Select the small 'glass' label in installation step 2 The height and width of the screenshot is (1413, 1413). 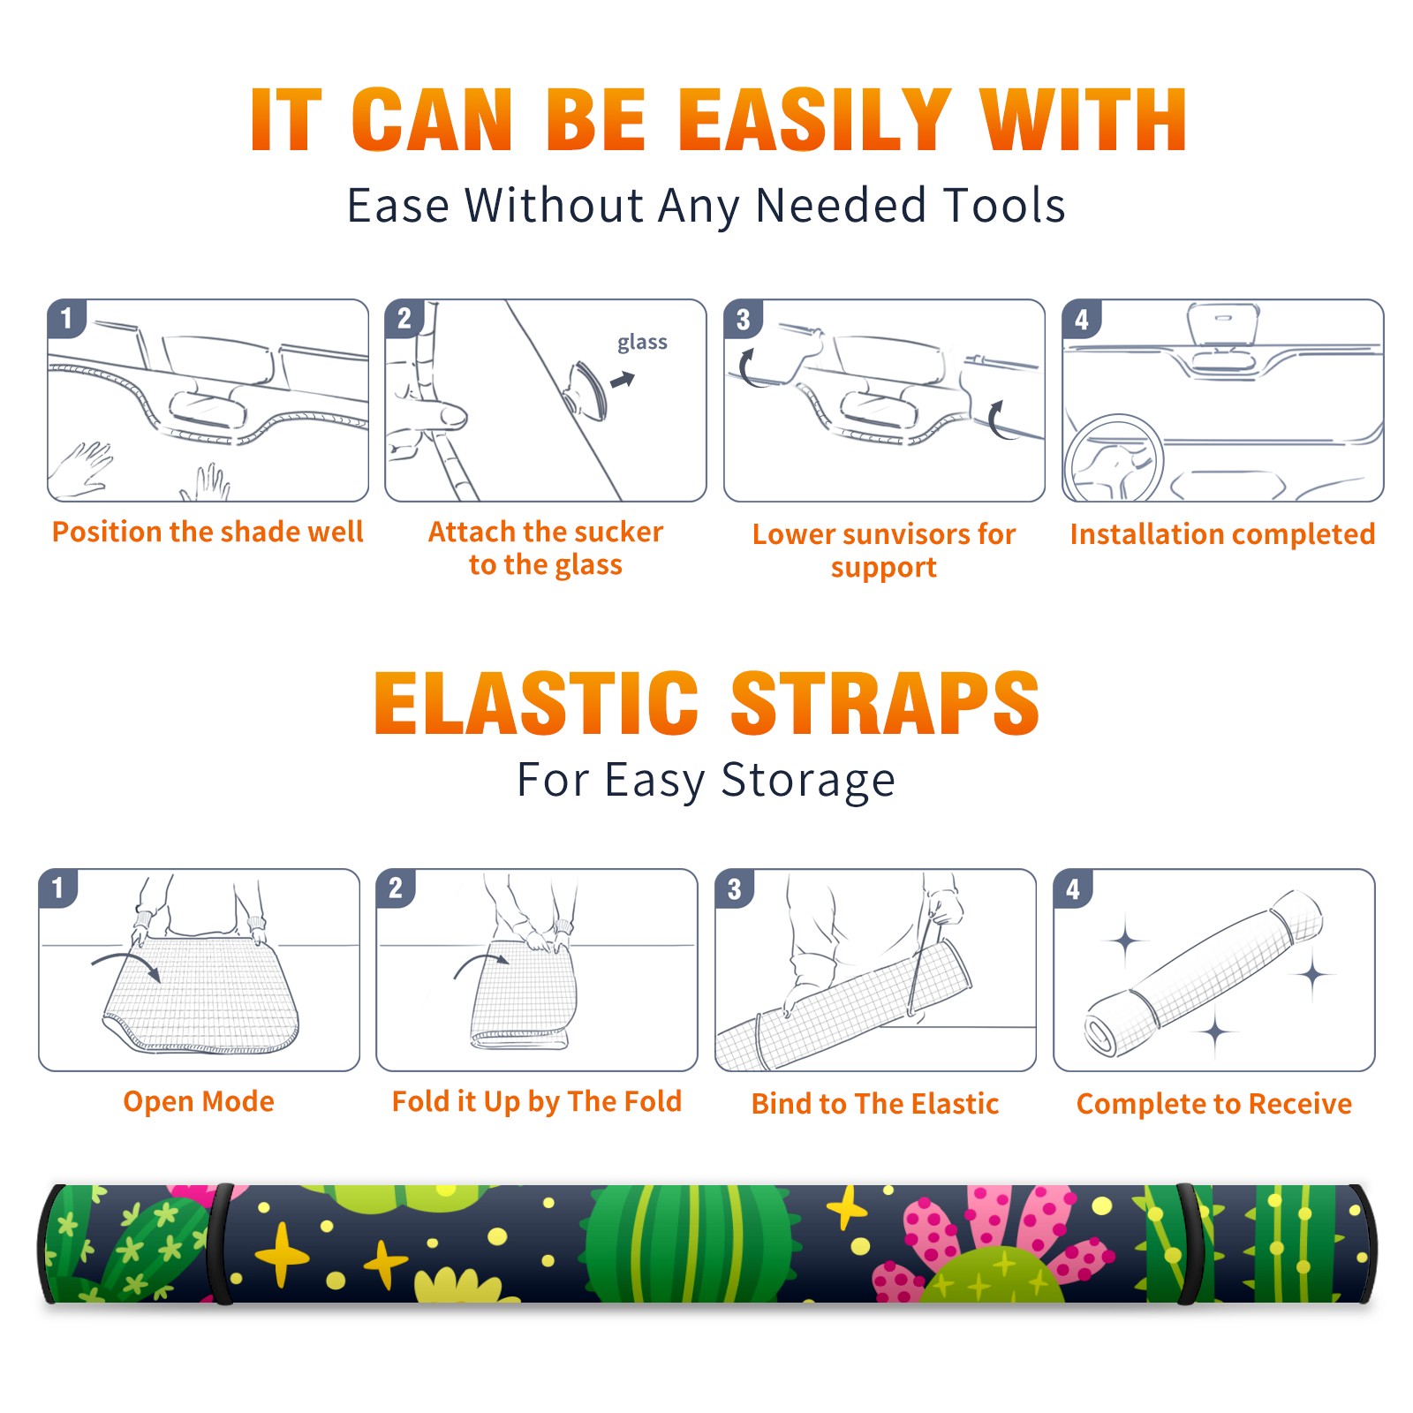click(642, 343)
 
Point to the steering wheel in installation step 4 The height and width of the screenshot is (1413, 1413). click(1115, 458)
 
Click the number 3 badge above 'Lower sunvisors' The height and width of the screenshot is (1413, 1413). click(743, 319)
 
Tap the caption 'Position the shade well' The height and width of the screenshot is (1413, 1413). click(208, 532)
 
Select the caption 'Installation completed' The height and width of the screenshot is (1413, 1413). click(1222, 534)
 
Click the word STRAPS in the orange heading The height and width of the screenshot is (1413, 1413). click(885, 703)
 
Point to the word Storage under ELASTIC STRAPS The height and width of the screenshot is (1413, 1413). click(808, 782)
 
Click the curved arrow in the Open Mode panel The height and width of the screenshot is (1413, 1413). click(126, 965)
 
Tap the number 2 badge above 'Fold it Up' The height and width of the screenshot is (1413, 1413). click(395, 888)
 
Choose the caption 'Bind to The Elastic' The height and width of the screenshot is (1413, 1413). click(874, 1104)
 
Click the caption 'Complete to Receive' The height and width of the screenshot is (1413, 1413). click(1214, 1104)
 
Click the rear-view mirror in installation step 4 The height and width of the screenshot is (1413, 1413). click(1223, 326)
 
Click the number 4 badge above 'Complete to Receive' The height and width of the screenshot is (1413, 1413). click(1072, 888)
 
